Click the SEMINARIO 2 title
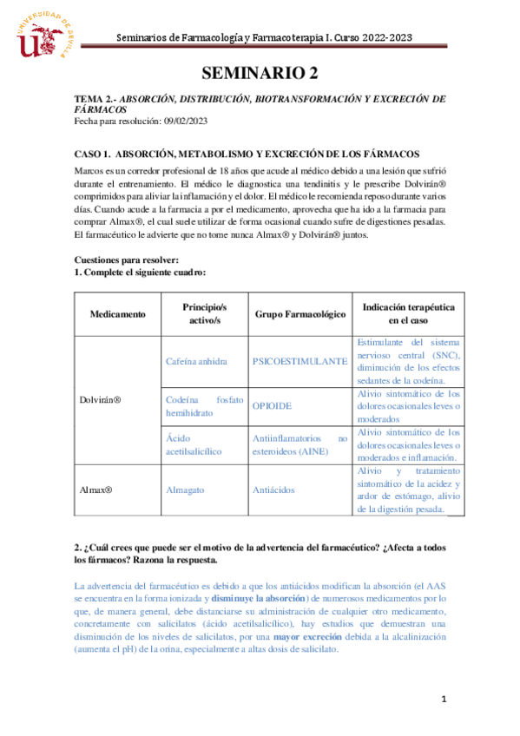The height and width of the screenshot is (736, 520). point(260,72)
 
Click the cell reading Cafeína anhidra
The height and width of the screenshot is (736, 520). point(196,360)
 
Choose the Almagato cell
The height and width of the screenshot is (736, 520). point(184,490)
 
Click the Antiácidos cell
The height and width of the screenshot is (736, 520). point(273,490)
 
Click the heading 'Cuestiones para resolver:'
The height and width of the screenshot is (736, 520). point(127,260)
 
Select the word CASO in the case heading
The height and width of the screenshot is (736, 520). point(89,153)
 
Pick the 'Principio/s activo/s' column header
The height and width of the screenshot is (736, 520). point(204,313)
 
